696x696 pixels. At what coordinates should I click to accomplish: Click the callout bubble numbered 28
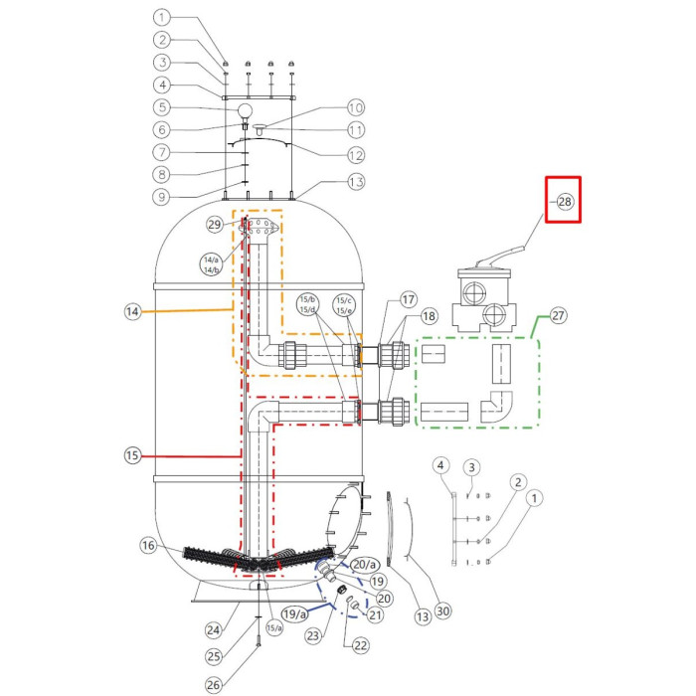click(x=565, y=202)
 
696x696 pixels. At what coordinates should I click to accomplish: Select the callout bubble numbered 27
click(x=558, y=316)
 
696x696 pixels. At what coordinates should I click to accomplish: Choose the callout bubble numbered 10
click(x=356, y=107)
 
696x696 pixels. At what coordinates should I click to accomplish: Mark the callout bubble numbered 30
click(x=443, y=612)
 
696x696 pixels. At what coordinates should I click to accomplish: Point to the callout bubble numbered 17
click(x=408, y=299)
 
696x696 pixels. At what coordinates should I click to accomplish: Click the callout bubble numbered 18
click(x=429, y=316)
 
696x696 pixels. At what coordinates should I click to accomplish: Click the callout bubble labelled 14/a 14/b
click(x=211, y=264)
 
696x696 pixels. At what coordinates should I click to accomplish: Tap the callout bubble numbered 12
click(x=356, y=153)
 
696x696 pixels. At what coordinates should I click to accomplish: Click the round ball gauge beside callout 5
click(x=244, y=109)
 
